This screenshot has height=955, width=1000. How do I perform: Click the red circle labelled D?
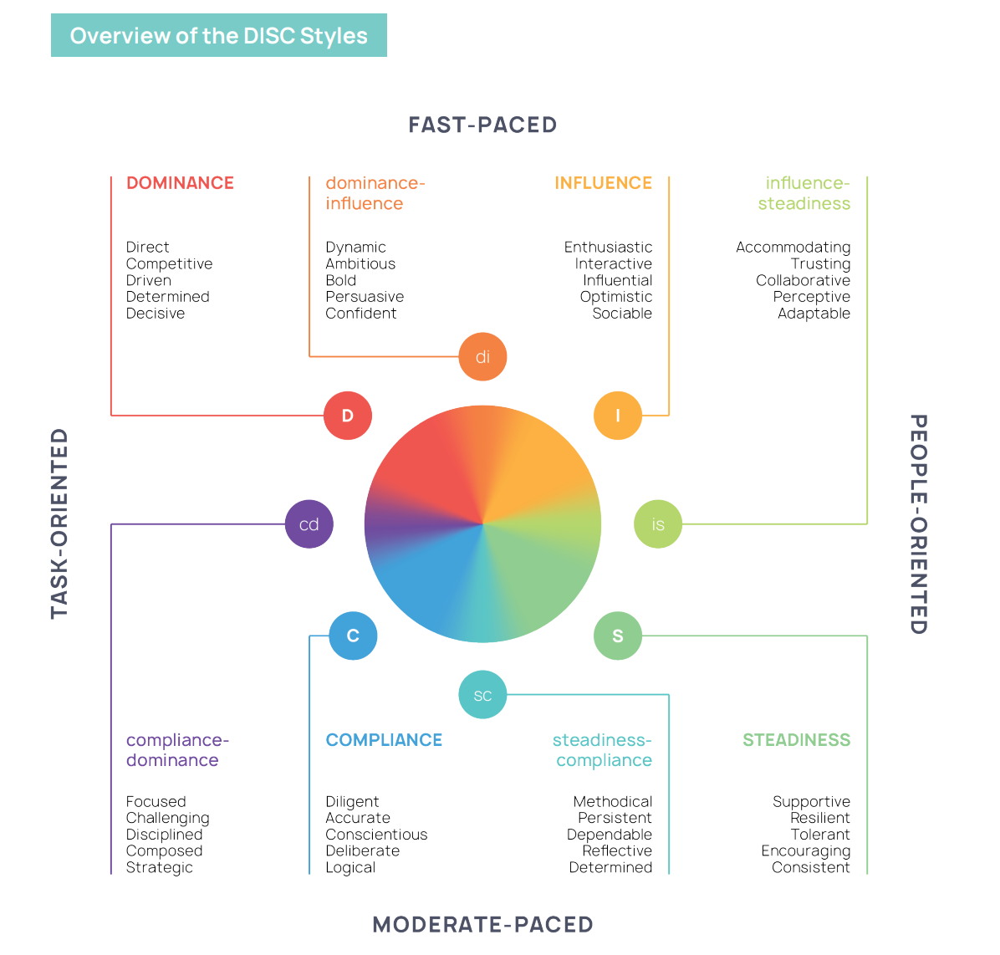(x=348, y=416)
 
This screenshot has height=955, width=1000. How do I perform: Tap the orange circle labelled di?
(x=482, y=357)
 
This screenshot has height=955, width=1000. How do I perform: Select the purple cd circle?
(x=309, y=524)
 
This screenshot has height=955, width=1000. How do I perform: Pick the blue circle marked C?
(x=353, y=636)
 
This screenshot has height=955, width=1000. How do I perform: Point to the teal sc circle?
(x=482, y=695)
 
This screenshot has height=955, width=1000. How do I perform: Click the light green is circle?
(x=658, y=524)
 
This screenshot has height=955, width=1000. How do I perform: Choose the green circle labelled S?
(x=618, y=636)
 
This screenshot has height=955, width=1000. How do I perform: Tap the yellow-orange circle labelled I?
(x=618, y=416)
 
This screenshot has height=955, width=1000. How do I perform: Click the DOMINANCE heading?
(x=180, y=183)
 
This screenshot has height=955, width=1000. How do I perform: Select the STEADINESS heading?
(x=796, y=740)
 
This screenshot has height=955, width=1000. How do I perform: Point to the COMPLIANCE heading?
(x=384, y=740)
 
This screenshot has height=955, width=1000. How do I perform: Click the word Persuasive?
(x=365, y=297)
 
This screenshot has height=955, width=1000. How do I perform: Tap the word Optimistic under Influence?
(x=616, y=297)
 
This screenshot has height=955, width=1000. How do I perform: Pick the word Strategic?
(x=160, y=867)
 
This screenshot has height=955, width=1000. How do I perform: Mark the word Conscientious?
(x=376, y=835)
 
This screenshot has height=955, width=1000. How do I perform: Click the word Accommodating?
(x=793, y=248)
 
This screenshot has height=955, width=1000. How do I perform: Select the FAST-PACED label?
(x=482, y=125)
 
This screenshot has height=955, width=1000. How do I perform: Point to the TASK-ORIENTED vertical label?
(x=59, y=523)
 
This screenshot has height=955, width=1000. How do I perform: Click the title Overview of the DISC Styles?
(x=219, y=36)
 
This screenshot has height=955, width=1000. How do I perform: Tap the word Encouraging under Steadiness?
(x=805, y=851)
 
